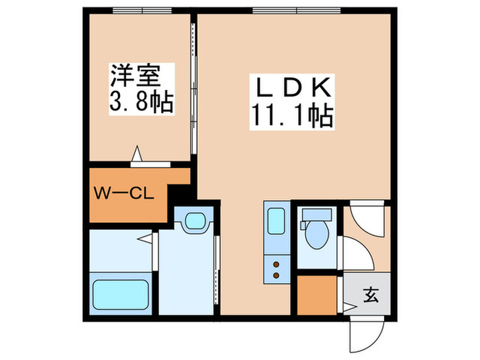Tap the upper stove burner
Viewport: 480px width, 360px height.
277,263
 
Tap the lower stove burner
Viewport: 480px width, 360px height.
277,276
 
